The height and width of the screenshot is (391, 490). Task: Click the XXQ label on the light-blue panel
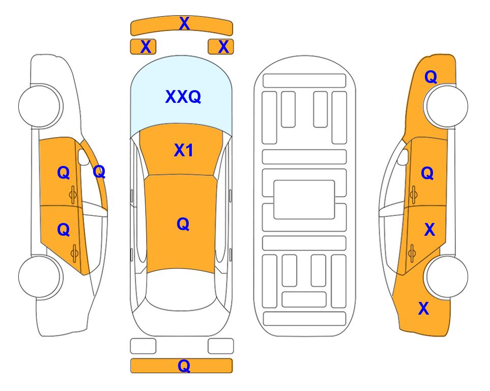pos(183,97)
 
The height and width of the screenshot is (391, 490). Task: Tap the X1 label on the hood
pos(184,150)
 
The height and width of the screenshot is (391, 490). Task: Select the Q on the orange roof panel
pos(183,224)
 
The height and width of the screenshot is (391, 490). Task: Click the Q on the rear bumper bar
pos(184,366)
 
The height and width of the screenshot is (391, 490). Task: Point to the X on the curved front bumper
pos(184,23)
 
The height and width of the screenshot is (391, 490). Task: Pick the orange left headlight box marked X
pos(143,47)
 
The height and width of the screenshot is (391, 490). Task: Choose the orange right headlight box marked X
pos(221,47)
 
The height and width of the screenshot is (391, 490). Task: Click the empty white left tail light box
pos(143,346)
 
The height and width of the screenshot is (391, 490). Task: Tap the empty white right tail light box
pos(221,346)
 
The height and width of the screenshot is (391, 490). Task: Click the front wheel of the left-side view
pos(40,106)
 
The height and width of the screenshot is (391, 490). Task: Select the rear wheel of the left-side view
pos(40,276)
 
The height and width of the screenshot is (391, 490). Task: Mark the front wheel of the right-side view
pos(447,106)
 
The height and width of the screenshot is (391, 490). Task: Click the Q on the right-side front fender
pos(430,77)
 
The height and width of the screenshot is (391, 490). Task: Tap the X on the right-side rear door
pos(429,230)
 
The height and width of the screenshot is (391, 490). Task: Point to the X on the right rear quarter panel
pos(424,309)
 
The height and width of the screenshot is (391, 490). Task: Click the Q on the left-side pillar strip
pos(99,172)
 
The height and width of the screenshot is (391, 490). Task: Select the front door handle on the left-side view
pos(73,194)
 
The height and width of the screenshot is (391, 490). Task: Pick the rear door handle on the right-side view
pos(412,253)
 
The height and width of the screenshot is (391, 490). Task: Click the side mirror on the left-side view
pos(83,157)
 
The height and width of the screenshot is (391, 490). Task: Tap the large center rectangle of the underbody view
pos(304,200)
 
